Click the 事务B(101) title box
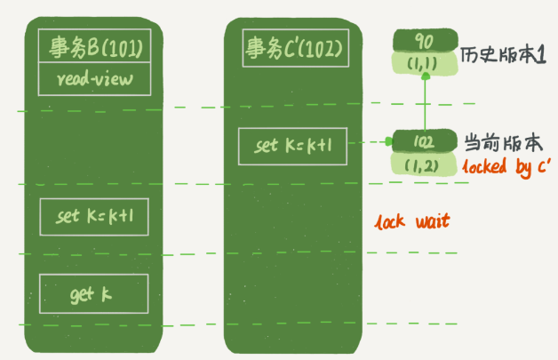point(95,46)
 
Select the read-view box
point(95,79)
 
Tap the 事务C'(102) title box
point(295,48)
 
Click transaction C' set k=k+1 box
point(292,147)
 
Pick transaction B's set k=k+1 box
point(94,217)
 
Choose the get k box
point(94,293)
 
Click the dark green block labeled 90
point(426,41)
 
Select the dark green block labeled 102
point(425,141)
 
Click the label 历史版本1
point(503,55)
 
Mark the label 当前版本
point(504,143)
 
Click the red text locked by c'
point(506,166)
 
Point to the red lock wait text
point(412,221)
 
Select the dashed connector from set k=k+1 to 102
point(371,142)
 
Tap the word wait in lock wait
point(433,221)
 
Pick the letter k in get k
point(107,294)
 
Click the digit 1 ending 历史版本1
point(541,55)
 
